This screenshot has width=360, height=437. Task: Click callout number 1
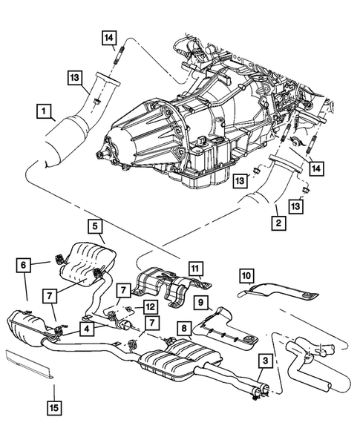(x=45, y=112)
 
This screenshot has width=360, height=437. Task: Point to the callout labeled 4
(x=88, y=327)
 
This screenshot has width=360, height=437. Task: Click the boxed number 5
(x=95, y=225)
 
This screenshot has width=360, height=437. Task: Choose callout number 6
(x=24, y=265)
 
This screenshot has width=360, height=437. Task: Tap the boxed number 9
(x=200, y=301)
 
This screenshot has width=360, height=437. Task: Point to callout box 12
(x=148, y=306)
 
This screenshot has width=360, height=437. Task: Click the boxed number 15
(x=56, y=407)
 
